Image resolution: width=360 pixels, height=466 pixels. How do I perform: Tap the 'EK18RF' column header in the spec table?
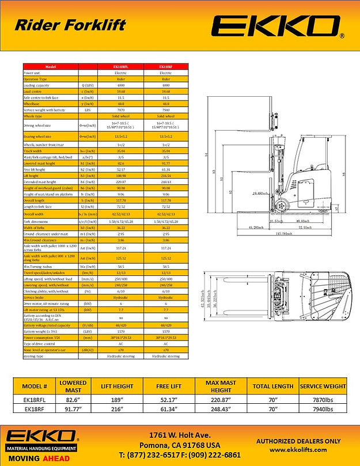click(166, 67)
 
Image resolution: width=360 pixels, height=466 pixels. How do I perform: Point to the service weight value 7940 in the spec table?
click(166, 110)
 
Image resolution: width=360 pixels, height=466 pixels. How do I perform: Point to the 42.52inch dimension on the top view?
click(204, 301)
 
